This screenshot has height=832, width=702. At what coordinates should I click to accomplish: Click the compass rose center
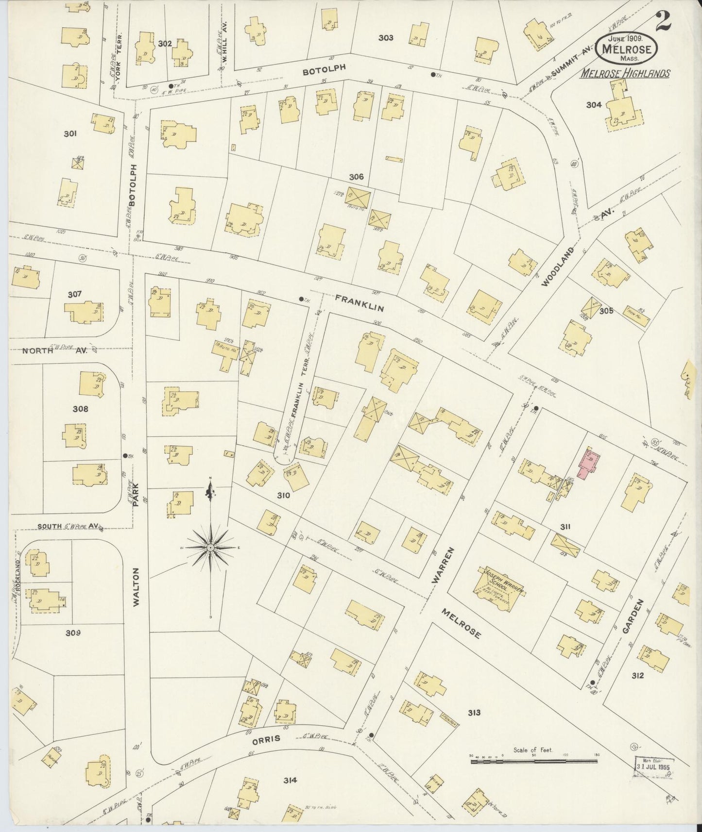[211, 548]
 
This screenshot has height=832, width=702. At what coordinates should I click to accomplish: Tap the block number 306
[356, 177]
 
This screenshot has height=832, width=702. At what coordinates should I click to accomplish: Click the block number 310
[283, 496]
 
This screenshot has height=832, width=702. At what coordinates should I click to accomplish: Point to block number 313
[474, 713]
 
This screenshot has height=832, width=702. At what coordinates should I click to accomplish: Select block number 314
[291, 780]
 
